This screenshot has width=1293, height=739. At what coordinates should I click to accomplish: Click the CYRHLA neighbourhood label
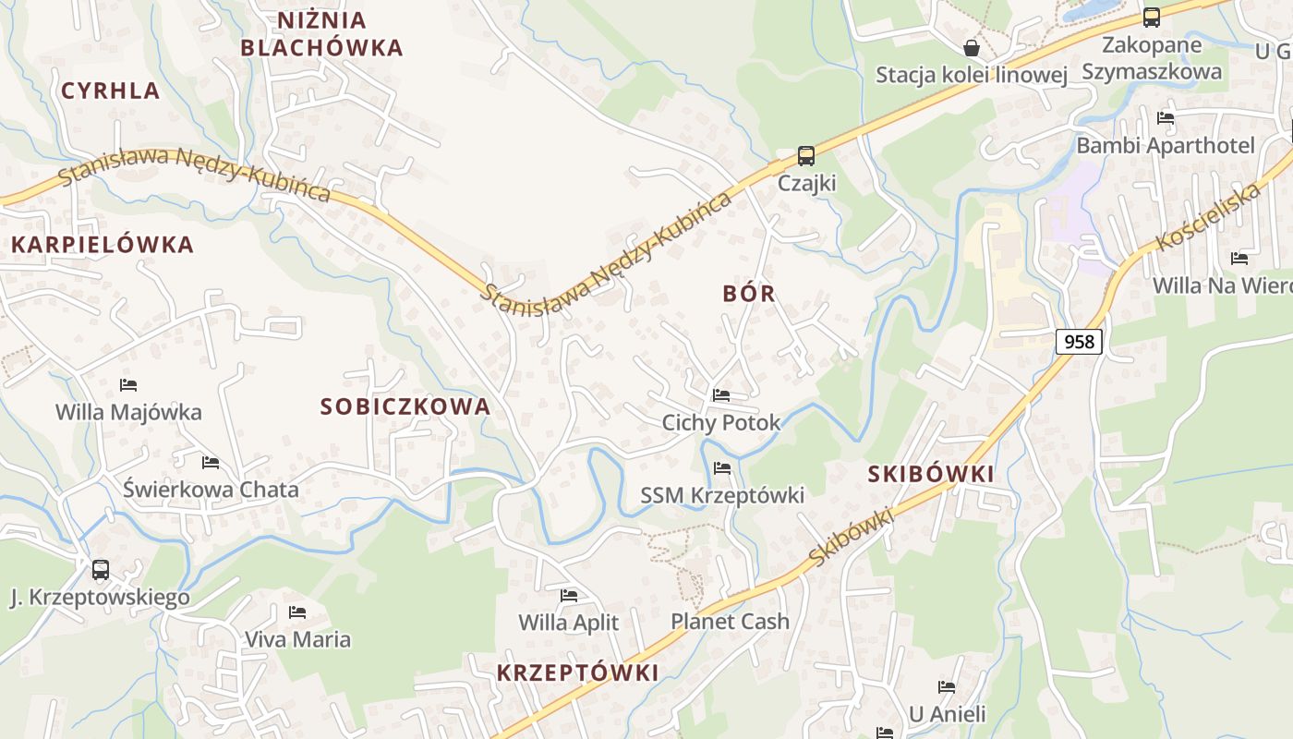pos(110,91)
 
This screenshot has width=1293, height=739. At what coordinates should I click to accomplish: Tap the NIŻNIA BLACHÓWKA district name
pos(322,34)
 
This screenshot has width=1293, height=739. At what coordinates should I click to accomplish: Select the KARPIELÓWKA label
pos(102,245)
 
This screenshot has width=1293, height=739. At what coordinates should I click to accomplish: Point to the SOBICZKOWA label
pos(405,406)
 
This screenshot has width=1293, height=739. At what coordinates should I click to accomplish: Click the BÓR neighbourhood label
pos(748,294)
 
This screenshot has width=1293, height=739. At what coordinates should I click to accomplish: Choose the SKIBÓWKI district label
pos(931,474)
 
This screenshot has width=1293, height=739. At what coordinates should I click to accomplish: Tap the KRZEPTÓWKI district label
pos(577,672)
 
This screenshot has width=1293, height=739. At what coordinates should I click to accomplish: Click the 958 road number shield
pos(1078,342)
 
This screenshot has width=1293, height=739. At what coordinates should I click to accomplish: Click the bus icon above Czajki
pos(806,155)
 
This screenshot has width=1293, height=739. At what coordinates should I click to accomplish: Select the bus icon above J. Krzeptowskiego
pos(100,570)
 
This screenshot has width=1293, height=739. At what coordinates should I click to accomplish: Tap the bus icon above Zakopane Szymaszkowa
pos(1151,17)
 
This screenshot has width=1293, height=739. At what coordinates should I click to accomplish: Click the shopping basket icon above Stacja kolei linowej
pos(972,47)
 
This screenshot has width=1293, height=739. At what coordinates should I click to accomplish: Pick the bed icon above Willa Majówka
pos(128,384)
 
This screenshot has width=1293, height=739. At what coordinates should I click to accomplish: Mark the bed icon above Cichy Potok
pos(721,395)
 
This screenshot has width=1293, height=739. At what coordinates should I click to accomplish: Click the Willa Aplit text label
pos(568,623)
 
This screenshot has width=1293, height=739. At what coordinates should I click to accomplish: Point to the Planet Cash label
pos(730,621)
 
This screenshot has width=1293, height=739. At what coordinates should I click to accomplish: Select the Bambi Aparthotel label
pos(1166,145)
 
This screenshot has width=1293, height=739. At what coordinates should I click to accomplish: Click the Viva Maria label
pos(297,639)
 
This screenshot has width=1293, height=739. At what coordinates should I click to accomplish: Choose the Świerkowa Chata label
pos(211,490)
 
